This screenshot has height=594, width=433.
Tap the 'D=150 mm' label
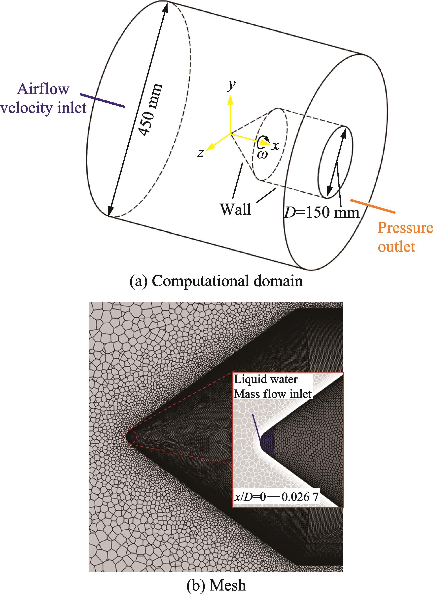[322, 212]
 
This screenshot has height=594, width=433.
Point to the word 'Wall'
[236, 210]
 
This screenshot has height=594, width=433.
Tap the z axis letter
[201, 154]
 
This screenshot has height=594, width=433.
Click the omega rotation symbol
[262, 155]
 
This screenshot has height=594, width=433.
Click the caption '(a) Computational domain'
[216, 282]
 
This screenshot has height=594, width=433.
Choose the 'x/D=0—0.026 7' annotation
[276, 498]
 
